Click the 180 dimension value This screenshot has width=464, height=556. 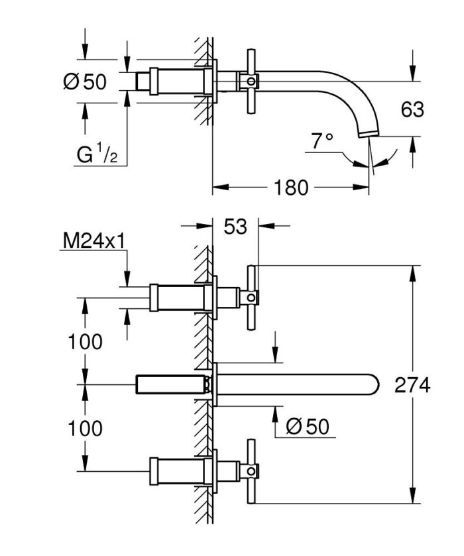(291, 188)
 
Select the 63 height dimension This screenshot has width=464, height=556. (412, 109)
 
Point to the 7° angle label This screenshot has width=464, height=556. (321, 140)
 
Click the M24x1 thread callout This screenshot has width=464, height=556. (93, 241)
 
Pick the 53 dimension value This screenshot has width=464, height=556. (235, 227)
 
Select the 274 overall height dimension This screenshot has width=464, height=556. (412, 385)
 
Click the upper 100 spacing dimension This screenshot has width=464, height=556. (85, 342)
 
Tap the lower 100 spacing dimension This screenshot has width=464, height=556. (85, 428)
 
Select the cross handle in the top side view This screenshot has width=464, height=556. (251, 81)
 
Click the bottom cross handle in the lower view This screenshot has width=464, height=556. (251, 471)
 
